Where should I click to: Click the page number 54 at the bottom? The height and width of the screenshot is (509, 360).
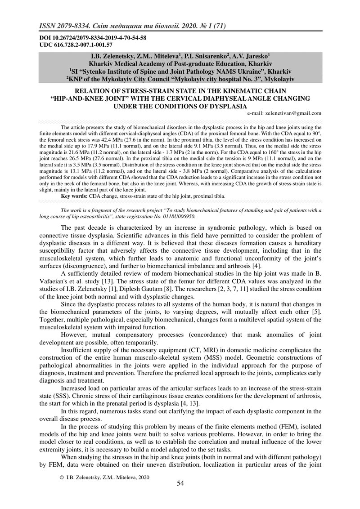(x=180, y=483)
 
